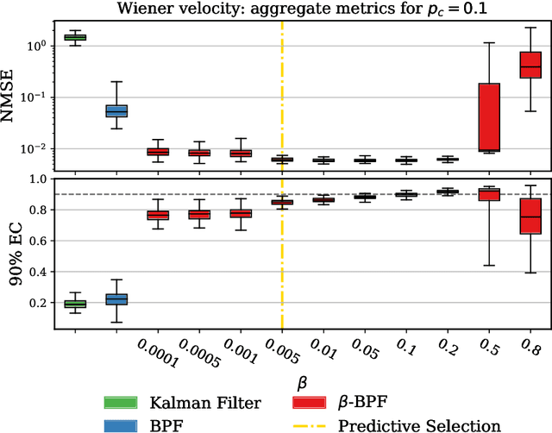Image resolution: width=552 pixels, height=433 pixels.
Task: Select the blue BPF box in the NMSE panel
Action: pyautogui.click(x=116, y=110)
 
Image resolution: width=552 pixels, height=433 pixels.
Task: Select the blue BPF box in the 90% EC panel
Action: pyautogui.click(x=116, y=299)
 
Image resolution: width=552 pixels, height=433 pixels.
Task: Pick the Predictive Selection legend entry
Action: pyautogui.click(x=396, y=424)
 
